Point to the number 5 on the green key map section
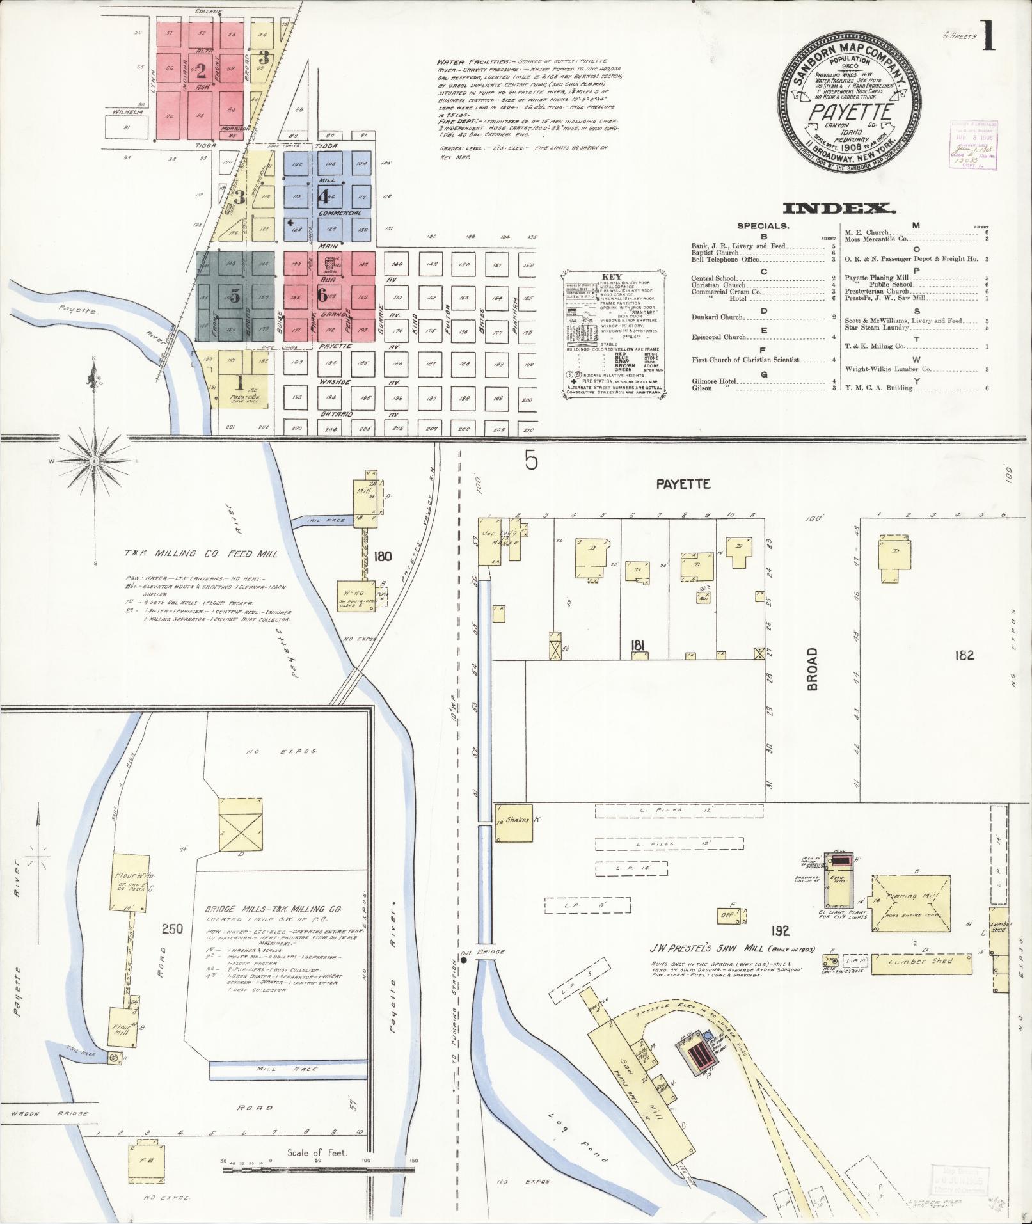[235, 296]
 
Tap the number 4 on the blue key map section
[322, 196]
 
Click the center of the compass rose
[95, 461]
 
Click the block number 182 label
[963, 655]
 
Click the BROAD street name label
[812, 669]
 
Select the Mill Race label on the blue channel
[274, 1069]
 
